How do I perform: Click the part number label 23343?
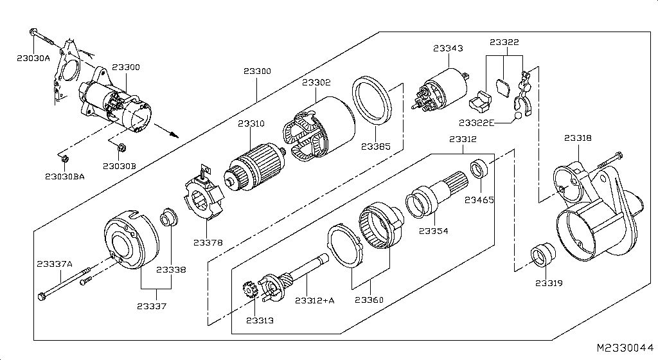pyautogui.click(x=447, y=48)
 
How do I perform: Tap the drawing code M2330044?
pyautogui.click(x=625, y=348)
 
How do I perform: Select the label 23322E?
pyautogui.click(x=476, y=122)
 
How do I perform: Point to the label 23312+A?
pyautogui.click(x=315, y=300)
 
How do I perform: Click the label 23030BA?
pyautogui.click(x=65, y=177)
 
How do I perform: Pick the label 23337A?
pyautogui.click(x=55, y=264)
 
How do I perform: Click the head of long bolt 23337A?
pyautogui.click(x=43, y=297)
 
